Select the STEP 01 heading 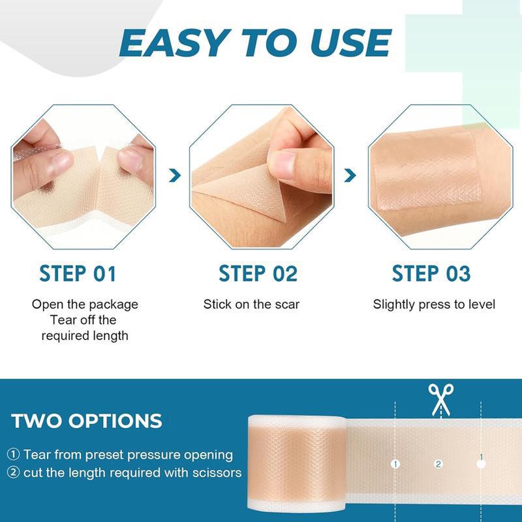[78, 273]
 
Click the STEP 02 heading [258, 273]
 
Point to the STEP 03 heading [431, 273]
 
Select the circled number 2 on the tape [438, 464]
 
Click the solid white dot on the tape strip [482, 465]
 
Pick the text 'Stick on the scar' [251, 304]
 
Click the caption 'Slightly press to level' [434, 304]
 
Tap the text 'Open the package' [85, 304]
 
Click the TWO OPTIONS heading [87, 420]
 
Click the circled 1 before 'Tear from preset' [14, 454]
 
